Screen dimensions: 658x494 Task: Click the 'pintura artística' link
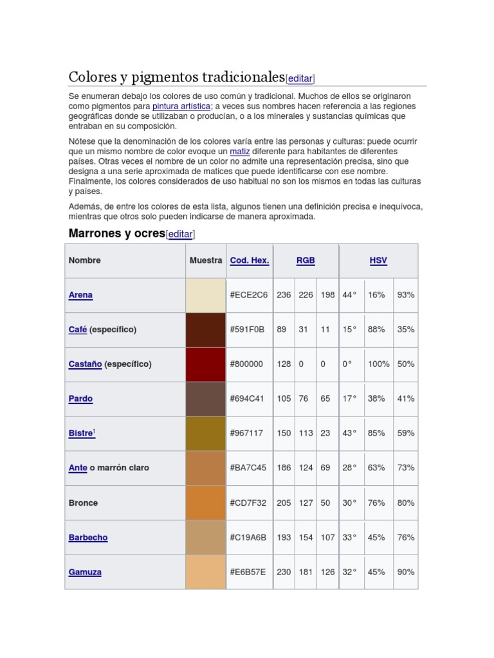click(181, 106)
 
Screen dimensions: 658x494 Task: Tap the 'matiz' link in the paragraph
click(240, 151)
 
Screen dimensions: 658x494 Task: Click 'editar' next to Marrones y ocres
click(180, 235)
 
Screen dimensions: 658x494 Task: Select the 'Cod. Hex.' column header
click(250, 260)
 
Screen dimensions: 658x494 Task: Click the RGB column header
click(306, 260)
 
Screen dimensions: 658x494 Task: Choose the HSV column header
click(378, 260)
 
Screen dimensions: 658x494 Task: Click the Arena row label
click(80, 295)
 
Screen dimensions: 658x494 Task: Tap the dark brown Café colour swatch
click(205, 330)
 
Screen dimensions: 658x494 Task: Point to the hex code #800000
click(246, 364)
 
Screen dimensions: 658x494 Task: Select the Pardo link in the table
click(80, 398)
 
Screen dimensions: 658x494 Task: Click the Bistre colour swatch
click(205, 433)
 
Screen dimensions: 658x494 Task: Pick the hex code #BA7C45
click(248, 468)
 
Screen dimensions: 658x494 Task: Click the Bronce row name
click(84, 502)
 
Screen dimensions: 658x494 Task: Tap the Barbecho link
click(88, 537)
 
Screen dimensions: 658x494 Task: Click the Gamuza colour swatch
click(205, 572)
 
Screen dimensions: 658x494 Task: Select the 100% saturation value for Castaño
click(378, 364)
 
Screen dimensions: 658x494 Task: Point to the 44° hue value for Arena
click(349, 295)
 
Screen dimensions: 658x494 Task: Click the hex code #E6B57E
click(248, 572)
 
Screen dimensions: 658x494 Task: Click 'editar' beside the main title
click(300, 78)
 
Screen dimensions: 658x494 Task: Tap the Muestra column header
click(206, 260)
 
